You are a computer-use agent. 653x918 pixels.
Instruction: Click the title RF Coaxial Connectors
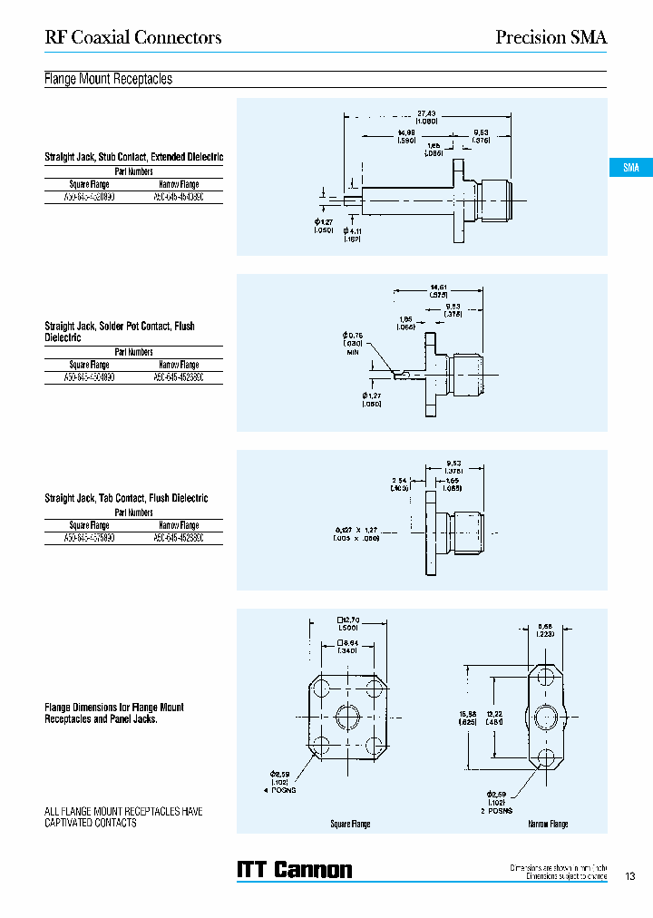click(133, 37)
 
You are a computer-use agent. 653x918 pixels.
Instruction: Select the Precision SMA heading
click(551, 37)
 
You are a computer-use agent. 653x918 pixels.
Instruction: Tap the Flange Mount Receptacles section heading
click(108, 79)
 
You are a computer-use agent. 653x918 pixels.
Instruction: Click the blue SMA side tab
click(630, 168)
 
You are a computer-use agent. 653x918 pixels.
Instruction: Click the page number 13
click(630, 876)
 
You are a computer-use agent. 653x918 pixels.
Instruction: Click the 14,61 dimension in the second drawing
click(439, 290)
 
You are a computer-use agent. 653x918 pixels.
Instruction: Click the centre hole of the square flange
click(349, 718)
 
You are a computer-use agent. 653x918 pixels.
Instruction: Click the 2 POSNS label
click(496, 810)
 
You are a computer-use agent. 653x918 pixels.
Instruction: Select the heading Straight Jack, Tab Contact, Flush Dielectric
click(126, 498)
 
